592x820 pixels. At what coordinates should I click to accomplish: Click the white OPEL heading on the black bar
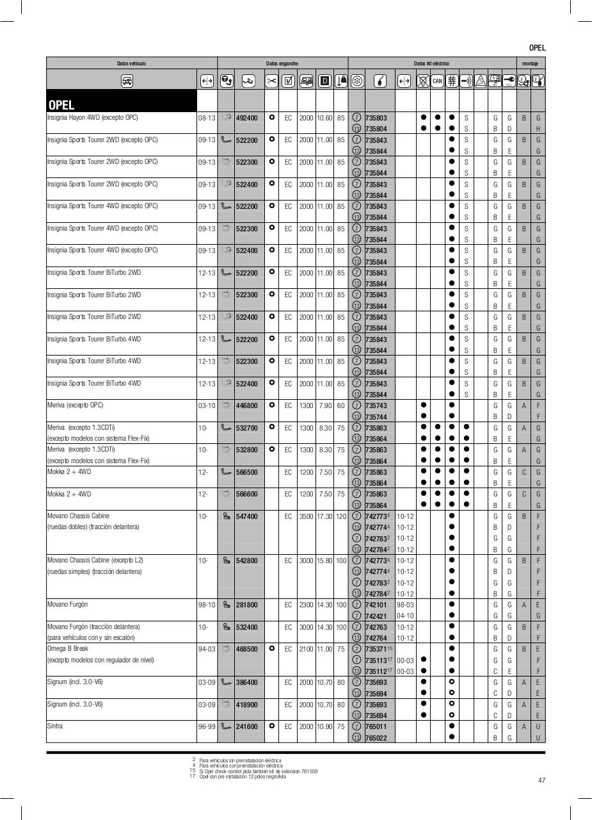click(x=61, y=105)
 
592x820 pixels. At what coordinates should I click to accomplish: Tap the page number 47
click(x=541, y=780)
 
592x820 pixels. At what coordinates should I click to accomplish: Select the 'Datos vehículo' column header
click(x=131, y=63)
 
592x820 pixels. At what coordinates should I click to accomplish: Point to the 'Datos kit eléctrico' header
click(x=431, y=63)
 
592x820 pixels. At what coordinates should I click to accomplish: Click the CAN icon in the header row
click(x=437, y=81)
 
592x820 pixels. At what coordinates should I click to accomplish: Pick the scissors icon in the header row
click(x=271, y=81)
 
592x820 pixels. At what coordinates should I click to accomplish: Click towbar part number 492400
click(x=246, y=119)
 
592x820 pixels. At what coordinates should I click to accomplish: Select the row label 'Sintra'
click(x=55, y=726)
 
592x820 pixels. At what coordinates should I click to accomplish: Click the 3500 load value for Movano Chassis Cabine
click(x=306, y=516)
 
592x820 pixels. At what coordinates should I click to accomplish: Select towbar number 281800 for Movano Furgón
click(x=246, y=605)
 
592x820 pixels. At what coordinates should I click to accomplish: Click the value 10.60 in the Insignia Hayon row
click(x=324, y=119)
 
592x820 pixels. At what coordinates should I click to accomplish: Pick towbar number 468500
click(x=246, y=650)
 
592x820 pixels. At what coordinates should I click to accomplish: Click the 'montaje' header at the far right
click(x=530, y=63)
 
